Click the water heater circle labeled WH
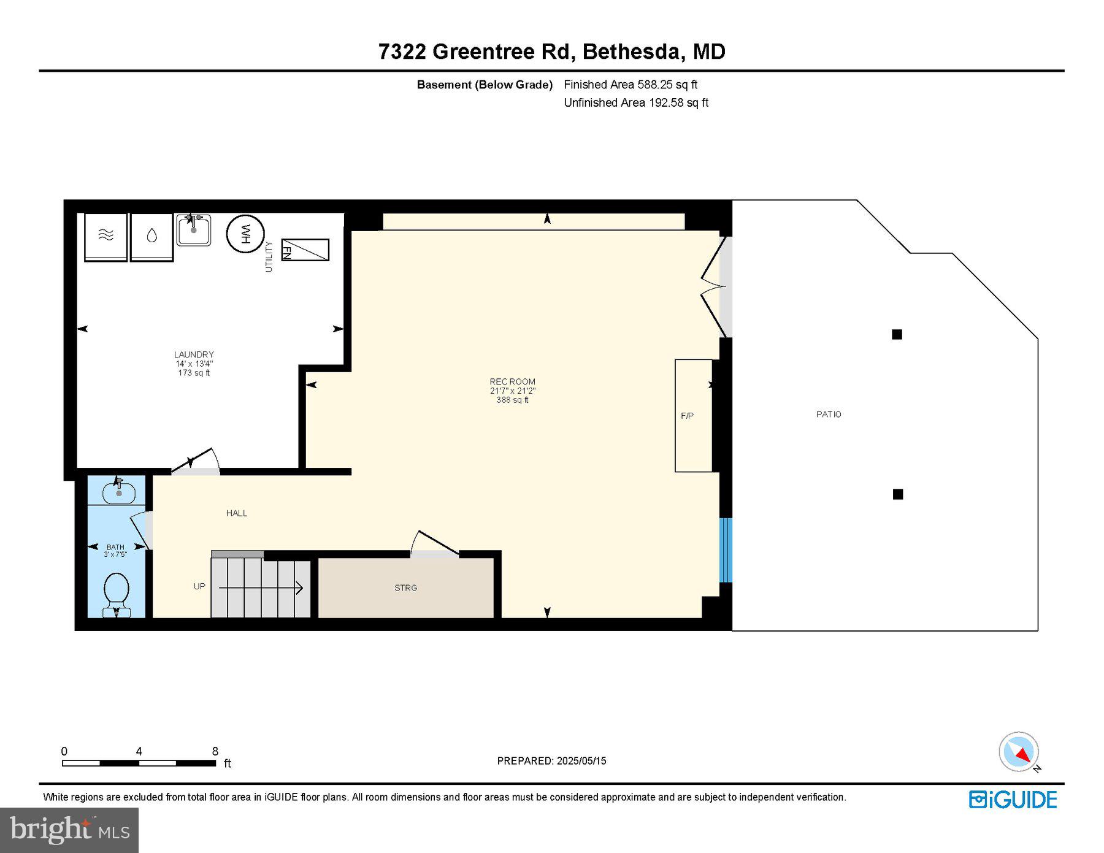(245, 234)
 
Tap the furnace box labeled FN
(305, 250)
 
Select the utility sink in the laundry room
(194, 230)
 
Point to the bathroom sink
(118, 491)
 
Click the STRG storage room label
(405, 587)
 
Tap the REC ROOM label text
(512, 381)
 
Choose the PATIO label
(829, 415)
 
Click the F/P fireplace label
(687, 416)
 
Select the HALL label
(237, 513)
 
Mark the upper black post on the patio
(897, 334)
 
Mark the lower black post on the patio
(898, 494)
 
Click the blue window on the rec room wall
(726, 550)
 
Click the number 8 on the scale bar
(215, 751)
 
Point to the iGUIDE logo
(1013, 800)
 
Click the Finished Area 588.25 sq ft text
(631, 85)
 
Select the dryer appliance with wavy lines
(105, 237)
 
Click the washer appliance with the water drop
(152, 237)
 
